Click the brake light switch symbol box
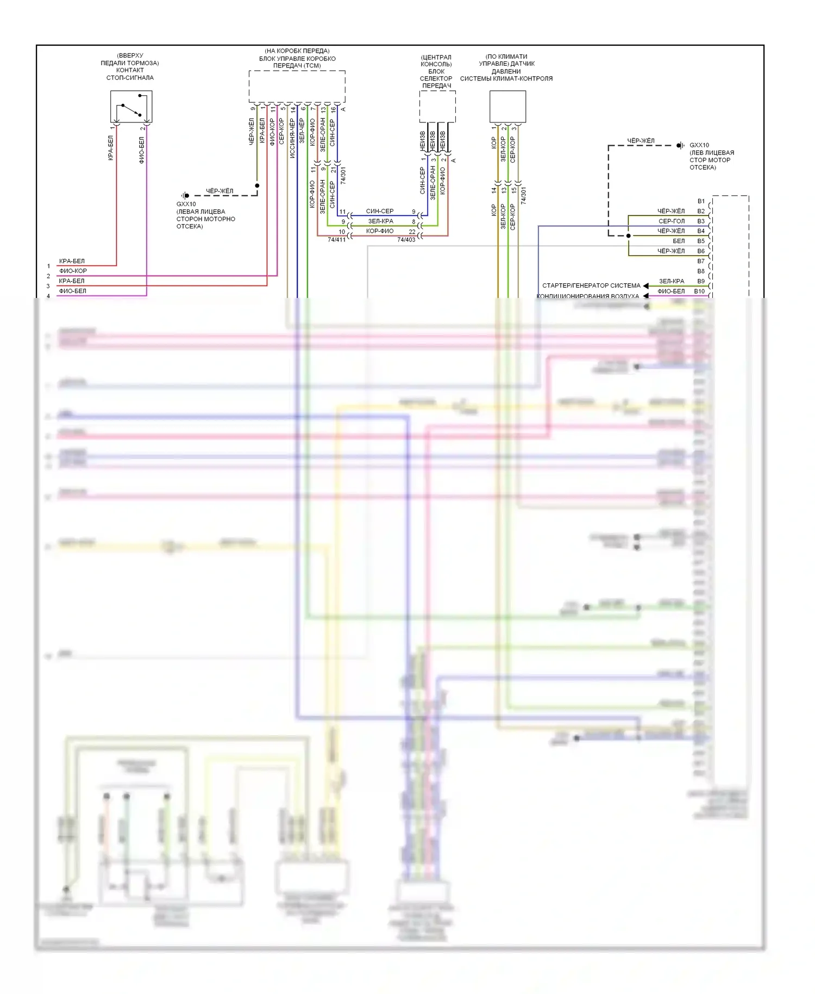[131, 107]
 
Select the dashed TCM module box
[297, 86]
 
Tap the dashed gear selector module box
[437, 107]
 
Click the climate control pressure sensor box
[507, 107]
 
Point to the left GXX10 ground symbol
[185, 195]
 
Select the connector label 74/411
[336, 240]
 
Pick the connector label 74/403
[406, 240]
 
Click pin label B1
[701, 201]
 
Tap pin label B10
[699, 291]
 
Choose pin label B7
[701, 261]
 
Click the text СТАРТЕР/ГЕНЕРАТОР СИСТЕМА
[591, 285]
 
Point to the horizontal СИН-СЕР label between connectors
[380, 211]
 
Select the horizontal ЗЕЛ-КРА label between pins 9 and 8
[380, 221]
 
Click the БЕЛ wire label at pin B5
[679, 241]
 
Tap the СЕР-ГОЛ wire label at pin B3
[672, 221]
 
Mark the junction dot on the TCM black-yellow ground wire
[257, 185]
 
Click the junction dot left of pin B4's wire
[629, 236]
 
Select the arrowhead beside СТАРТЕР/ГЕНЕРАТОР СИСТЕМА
[646, 285]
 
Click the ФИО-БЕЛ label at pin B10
[671, 291]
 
